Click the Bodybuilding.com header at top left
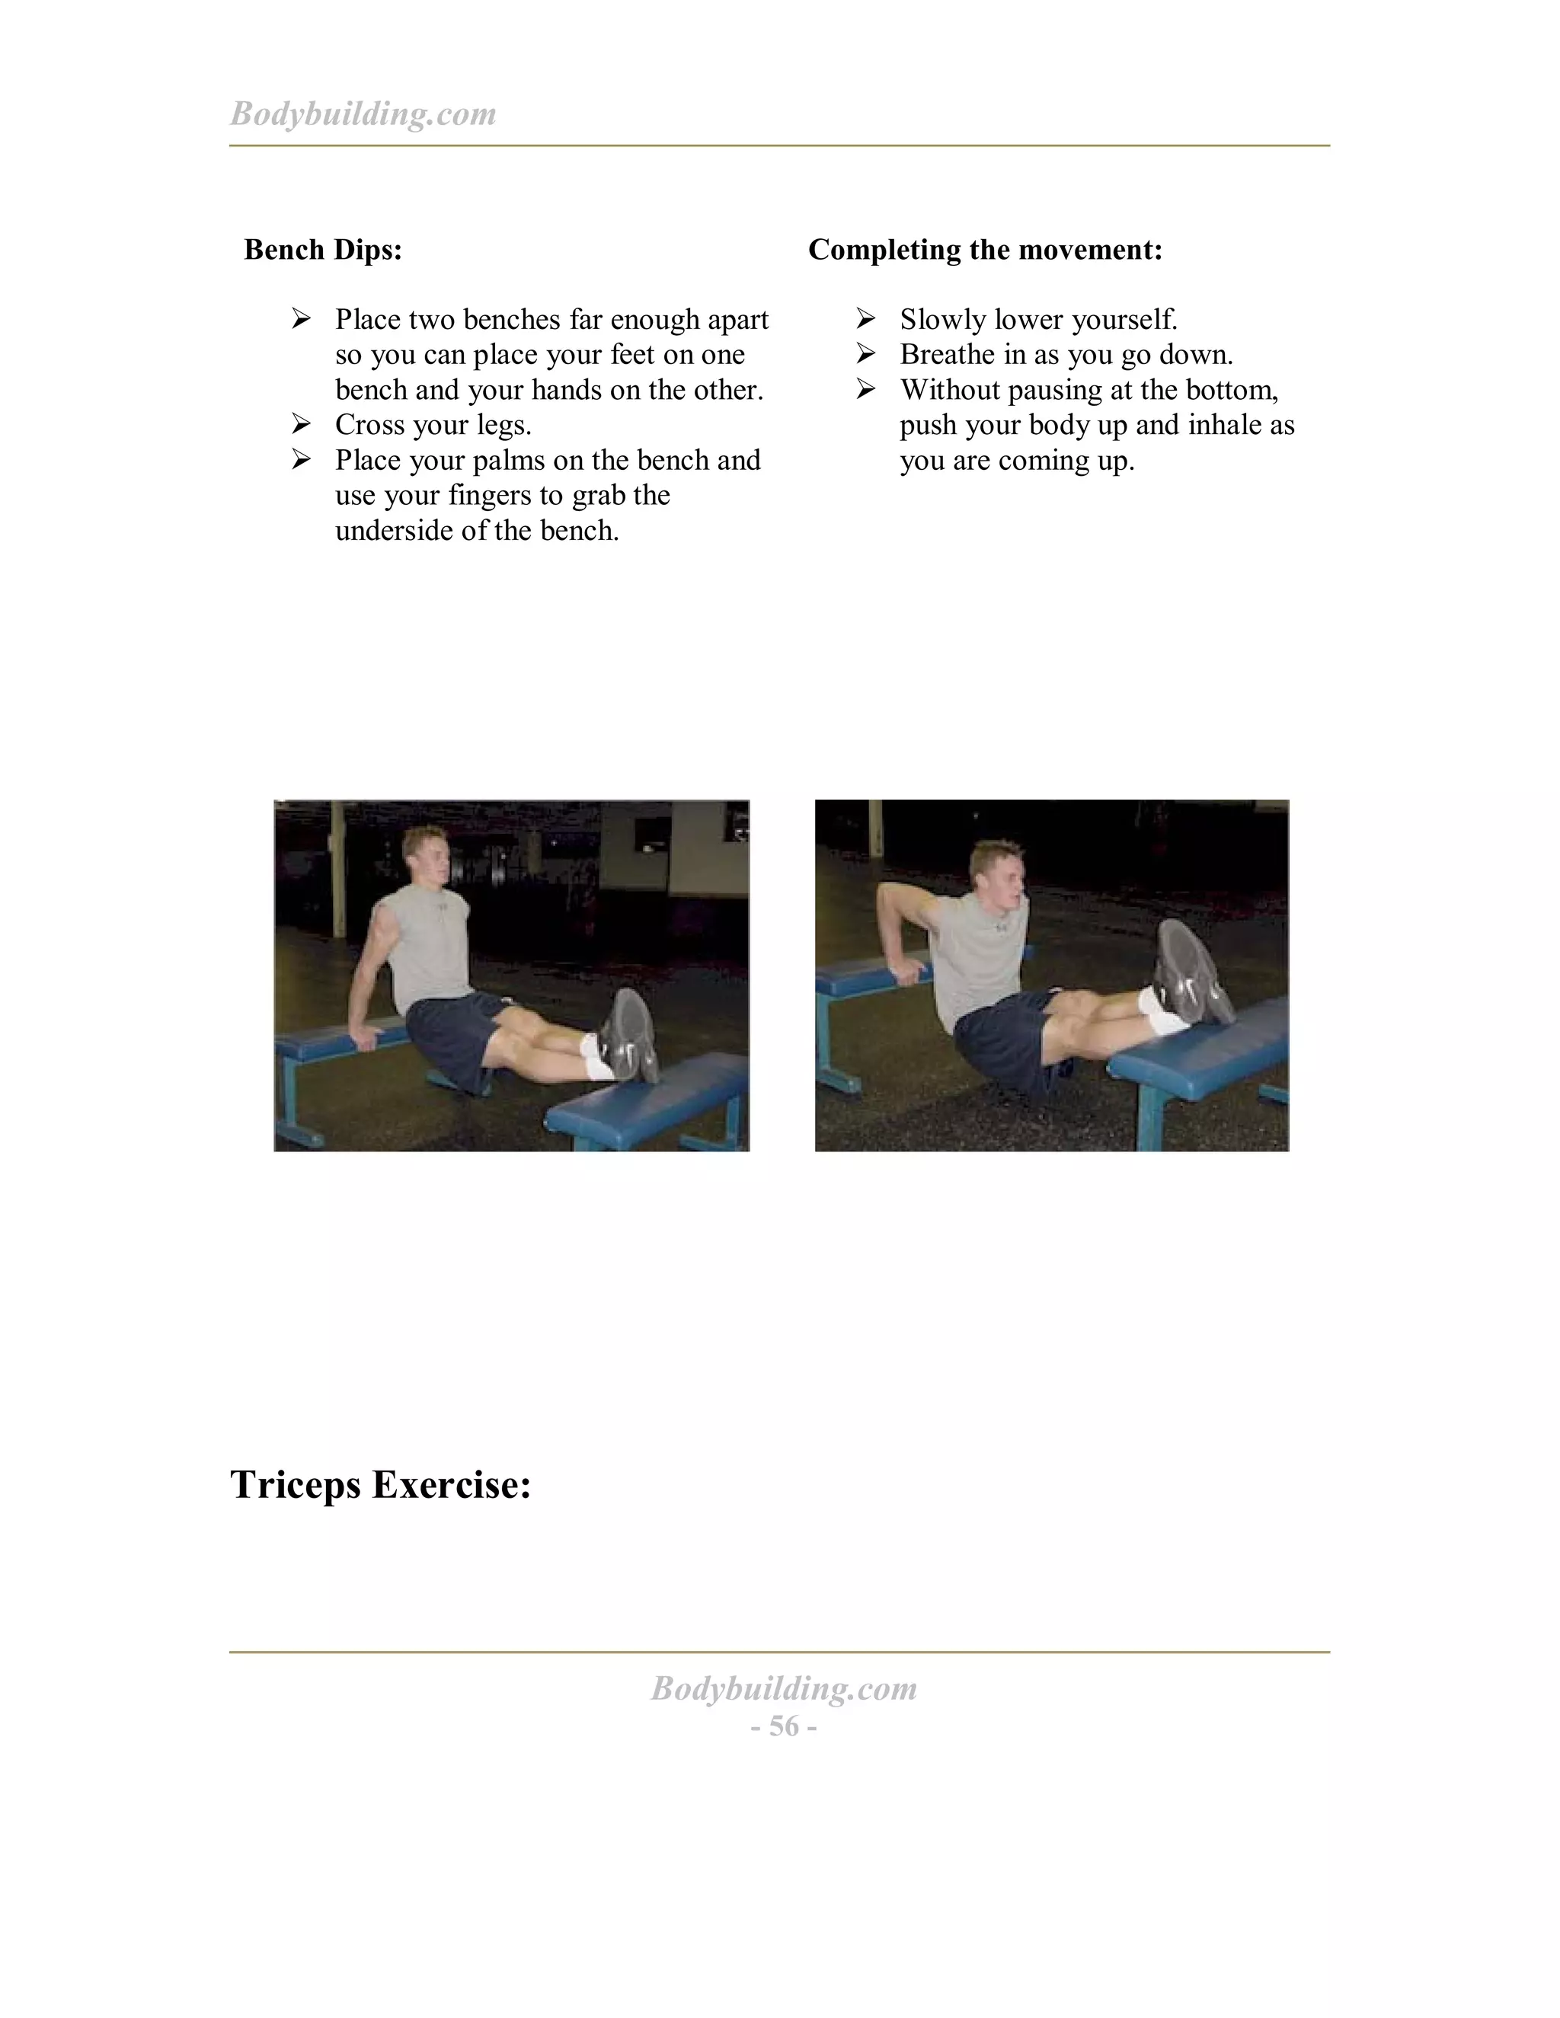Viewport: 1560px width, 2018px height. click(363, 113)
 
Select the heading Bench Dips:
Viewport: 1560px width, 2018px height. click(322, 250)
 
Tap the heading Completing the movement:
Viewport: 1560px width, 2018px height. click(985, 250)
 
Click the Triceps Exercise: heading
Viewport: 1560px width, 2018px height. click(380, 1485)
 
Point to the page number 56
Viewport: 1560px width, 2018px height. click(784, 1726)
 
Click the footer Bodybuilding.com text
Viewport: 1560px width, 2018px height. click(784, 1688)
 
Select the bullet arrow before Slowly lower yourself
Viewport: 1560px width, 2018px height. click(866, 319)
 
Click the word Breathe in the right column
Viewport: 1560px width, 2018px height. click(948, 355)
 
